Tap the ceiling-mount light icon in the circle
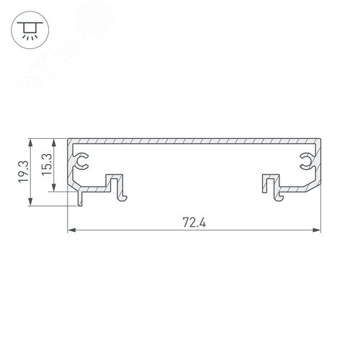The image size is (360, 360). [x=30, y=30]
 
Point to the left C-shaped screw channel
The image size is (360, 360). [x=82, y=161]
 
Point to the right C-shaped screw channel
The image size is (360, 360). [x=307, y=161]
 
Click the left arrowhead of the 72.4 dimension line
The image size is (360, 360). [x=71, y=230]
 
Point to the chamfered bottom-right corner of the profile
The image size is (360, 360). [x=315, y=189]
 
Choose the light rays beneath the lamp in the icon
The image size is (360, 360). [x=30, y=36]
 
